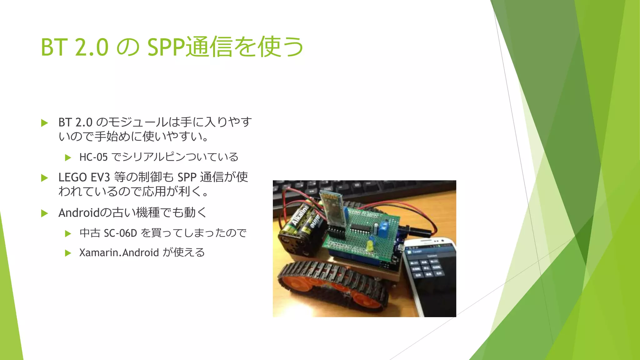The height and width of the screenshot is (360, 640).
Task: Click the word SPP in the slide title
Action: click(166, 47)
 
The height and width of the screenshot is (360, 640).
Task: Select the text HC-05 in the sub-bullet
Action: click(93, 157)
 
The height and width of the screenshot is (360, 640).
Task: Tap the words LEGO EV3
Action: click(84, 177)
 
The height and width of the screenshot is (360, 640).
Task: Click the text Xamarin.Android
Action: click(119, 252)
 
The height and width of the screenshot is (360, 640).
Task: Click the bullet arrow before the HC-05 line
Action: click(68, 158)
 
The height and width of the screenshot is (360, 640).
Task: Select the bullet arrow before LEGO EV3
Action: click(44, 178)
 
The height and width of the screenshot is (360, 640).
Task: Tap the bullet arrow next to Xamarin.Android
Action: click(68, 253)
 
